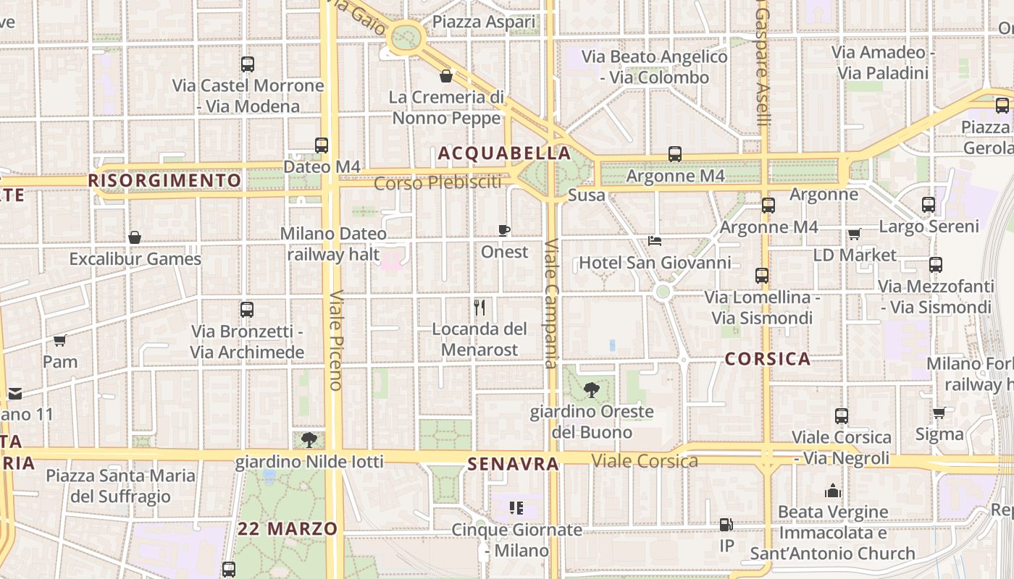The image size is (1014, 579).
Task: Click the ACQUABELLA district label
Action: [x=505, y=153]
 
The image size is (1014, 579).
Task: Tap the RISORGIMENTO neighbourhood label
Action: [x=164, y=180]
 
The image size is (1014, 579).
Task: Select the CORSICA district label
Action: [x=767, y=359]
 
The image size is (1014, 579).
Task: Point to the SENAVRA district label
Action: [x=514, y=464]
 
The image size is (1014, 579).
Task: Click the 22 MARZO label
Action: [x=288, y=529]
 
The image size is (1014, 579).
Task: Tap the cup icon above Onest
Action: [x=504, y=230]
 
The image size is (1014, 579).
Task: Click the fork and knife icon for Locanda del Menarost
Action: [x=479, y=308]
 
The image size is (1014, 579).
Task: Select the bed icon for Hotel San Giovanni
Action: [x=654, y=241]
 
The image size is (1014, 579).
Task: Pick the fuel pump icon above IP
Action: [x=726, y=525]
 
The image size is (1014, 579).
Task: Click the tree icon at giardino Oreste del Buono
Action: [x=592, y=390]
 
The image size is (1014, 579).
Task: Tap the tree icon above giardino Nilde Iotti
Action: [x=309, y=439]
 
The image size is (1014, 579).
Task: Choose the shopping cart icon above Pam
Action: [x=60, y=340]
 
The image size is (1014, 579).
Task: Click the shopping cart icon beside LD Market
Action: [x=855, y=234]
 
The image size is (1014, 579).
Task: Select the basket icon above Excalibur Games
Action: [x=135, y=237]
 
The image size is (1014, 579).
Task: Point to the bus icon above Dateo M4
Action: [x=322, y=145]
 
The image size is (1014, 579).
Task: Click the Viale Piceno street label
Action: [x=335, y=340]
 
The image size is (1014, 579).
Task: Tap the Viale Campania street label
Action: [x=552, y=304]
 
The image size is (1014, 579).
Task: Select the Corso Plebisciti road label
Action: [x=437, y=182]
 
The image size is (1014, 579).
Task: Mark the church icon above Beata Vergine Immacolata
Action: [x=833, y=491]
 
